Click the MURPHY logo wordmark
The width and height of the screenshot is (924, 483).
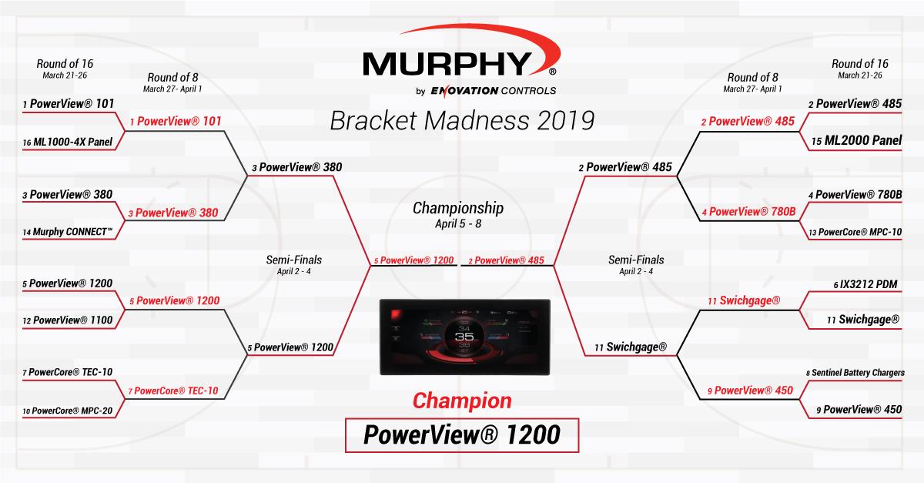(x=447, y=64)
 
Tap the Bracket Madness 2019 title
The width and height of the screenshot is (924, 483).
(x=462, y=121)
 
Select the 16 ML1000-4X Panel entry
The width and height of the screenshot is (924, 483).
(x=67, y=142)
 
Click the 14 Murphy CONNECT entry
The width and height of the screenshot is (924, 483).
(x=67, y=232)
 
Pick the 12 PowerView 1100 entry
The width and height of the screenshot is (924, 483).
(x=67, y=320)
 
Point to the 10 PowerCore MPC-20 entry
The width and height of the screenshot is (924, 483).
(x=67, y=411)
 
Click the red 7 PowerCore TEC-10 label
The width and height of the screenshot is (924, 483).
(x=173, y=391)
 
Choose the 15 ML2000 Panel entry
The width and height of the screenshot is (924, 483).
(x=856, y=141)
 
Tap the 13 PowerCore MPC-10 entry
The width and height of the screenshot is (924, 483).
(x=855, y=232)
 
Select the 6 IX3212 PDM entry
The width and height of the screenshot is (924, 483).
(x=865, y=284)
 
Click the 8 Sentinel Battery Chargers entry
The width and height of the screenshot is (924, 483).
(x=855, y=373)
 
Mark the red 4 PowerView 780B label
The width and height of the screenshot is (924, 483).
(x=748, y=212)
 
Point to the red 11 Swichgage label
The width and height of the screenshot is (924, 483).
(x=744, y=301)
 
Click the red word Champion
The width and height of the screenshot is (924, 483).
(x=462, y=401)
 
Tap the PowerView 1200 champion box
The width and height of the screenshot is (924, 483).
(x=462, y=435)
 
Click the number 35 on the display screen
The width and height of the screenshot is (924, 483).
(x=464, y=337)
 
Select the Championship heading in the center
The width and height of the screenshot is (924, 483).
(x=458, y=208)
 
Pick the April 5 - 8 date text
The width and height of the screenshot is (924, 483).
(x=458, y=223)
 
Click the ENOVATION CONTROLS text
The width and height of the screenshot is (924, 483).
(x=494, y=91)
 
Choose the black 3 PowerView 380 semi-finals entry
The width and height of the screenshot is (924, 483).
(x=297, y=167)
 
